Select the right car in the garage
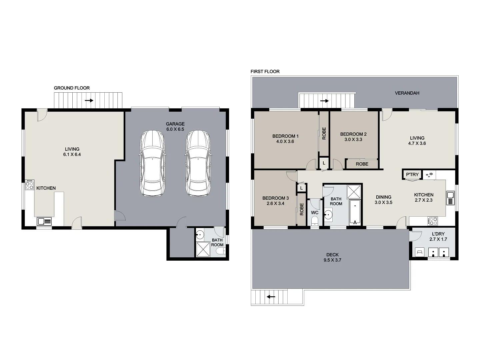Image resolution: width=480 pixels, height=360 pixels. point(198,163)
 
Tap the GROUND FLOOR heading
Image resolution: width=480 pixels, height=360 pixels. point(72,88)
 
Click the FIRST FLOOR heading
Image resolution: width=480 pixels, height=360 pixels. point(265,71)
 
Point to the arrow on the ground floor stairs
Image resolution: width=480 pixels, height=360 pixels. point(89,100)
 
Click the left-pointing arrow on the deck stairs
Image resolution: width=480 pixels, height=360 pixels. point(270,296)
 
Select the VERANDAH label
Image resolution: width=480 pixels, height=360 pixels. point(407,93)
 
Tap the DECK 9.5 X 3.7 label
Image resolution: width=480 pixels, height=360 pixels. point(332,257)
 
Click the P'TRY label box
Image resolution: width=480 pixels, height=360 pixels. point(412,175)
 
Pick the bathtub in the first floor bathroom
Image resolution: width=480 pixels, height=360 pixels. point(355,212)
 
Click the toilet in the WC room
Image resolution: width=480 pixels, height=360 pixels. point(315,221)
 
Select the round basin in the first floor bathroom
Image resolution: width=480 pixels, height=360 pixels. point(329,215)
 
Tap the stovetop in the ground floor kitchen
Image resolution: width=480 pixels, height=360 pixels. point(30,185)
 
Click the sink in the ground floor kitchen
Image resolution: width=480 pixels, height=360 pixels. point(44,221)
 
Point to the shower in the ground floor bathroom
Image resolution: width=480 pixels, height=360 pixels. point(203,249)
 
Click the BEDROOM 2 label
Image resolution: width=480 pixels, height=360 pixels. point(353,137)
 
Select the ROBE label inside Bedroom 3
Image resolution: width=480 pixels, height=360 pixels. point(302,209)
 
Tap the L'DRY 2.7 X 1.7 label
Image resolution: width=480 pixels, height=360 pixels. point(438,236)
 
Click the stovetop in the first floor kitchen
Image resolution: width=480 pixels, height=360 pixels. point(433,221)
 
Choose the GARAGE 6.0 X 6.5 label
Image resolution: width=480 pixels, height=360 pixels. point(175,126)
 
